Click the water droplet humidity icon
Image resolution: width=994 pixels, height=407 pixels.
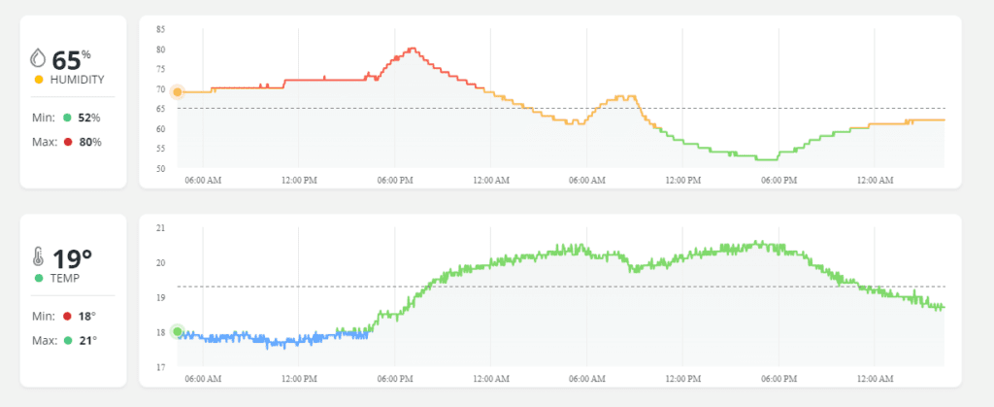38,57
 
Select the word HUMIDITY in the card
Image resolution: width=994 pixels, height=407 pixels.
78,80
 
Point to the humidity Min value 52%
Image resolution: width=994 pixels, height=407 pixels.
89,118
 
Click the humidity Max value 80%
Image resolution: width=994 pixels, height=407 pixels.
89,142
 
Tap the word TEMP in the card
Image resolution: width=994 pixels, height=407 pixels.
65,278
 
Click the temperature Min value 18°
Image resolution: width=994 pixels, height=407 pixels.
86,316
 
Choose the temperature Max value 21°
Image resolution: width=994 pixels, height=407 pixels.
86,340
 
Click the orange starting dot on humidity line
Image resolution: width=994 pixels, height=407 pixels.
177,92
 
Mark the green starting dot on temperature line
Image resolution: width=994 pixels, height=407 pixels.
177,332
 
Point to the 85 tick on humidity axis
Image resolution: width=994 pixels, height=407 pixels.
159,29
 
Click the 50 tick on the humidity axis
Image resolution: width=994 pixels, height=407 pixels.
159,169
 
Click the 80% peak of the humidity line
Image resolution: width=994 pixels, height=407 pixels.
413,49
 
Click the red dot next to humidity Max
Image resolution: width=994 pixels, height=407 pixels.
67,142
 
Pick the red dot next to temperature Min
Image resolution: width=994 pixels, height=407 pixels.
67,316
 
